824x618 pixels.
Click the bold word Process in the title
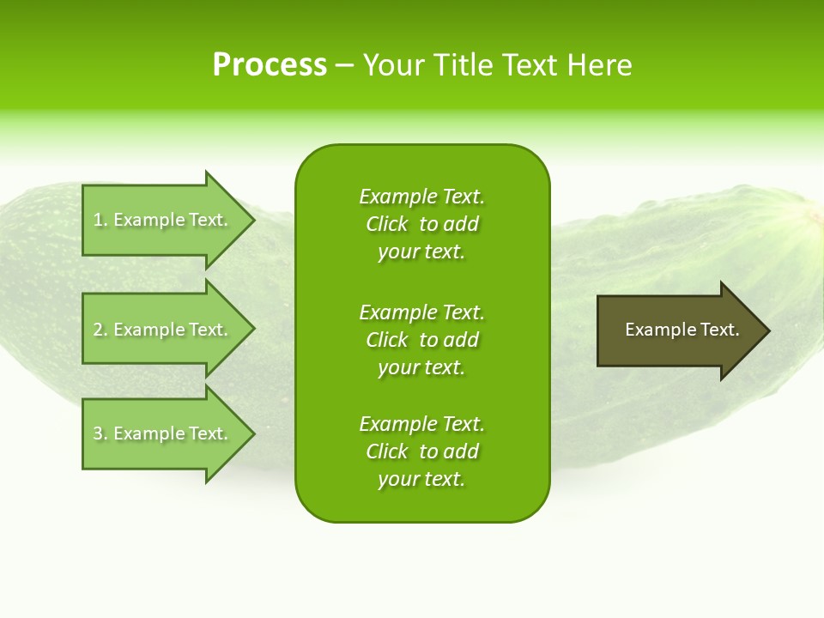(x=270, y=65)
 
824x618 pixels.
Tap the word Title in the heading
(x=462, y=65)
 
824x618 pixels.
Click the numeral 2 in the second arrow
(x=98, y=330)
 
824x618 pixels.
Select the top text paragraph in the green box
(x=421, y=224)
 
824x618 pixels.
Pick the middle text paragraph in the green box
(x=421, y=340)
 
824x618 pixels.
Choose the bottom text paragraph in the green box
(x=421, y=451)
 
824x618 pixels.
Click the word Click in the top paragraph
(x=387, y=224)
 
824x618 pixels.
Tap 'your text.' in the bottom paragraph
(x=421, y=479)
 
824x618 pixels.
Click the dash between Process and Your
(x=344, y=65)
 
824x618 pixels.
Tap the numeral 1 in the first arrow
(x=98, y=220)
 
